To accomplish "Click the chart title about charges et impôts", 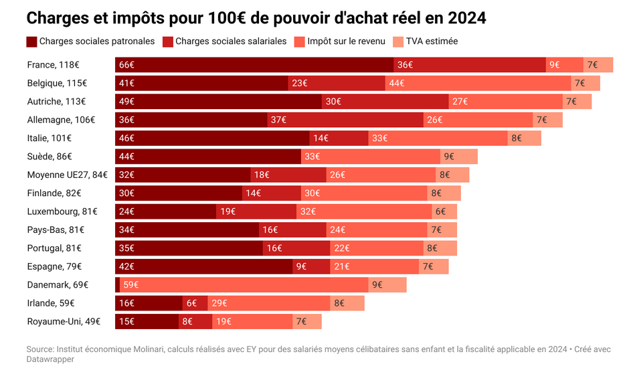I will coord(256,18).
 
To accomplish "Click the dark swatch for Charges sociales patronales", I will coord(31,41).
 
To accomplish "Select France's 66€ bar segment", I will coord(254,65).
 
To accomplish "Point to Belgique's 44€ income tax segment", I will coord(478,83).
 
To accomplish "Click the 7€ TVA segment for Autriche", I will coord(577,102).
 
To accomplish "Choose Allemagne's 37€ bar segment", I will coord(345,120).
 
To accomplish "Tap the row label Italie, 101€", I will coord(50,138).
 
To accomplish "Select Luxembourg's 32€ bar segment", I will coord(363,211).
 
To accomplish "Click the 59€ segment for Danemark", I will coord(244,285).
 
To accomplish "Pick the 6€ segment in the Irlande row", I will coord(195,303).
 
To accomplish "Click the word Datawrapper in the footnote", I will coord(50,359).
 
